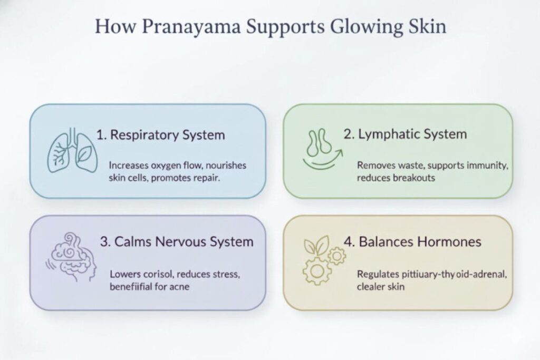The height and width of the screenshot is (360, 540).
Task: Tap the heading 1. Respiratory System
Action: pyautogui.click(x=160, y=134)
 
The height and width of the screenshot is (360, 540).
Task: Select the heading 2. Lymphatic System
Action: pyautogui.click(x=405, y=133)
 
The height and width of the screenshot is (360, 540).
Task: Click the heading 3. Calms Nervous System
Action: pyautogui.click(x=176, y=242)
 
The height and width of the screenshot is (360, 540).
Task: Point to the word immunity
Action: pyautogui.click(x=489, y=166)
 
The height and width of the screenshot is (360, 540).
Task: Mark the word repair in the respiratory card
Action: pyautogui.click(x=206, y=178)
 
